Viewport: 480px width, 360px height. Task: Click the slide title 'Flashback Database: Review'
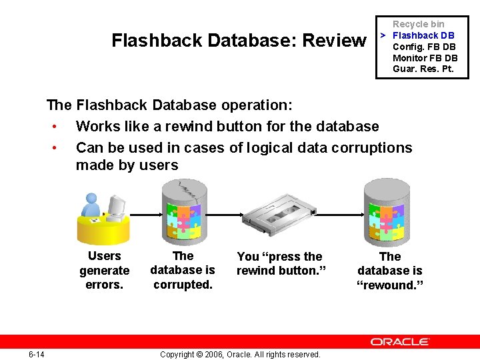click(239, 41)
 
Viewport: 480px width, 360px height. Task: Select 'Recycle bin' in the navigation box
click(418, 24)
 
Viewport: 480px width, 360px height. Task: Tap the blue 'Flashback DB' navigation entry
click(423, 35)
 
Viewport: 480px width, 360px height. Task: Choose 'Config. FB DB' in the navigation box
click(424, 47)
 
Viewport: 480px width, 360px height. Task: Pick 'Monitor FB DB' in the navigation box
click(425, 58)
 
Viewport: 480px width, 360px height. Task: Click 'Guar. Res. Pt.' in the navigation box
click(423, 69)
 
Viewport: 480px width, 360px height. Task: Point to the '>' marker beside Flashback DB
click(383, 35)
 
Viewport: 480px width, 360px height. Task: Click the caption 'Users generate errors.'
click(105, 271)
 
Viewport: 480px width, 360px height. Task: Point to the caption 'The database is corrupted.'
click(183, 270)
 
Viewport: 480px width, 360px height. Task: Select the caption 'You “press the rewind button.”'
click(279, 263)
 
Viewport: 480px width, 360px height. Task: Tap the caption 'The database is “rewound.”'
click(390, 271)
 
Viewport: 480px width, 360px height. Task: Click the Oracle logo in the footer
click(400, 342)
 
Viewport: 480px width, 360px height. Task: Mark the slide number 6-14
click(37, 354)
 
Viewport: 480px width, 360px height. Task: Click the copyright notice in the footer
click(240, 354)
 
